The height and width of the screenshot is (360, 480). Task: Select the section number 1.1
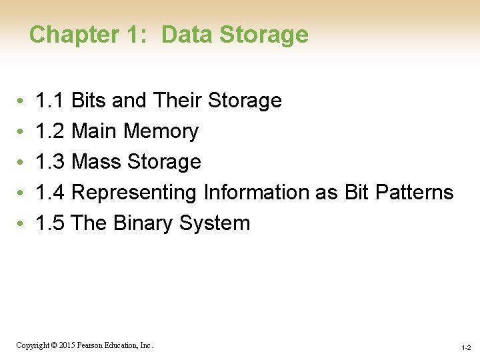[x=50, y=101]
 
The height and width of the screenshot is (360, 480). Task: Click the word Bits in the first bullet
[x=89, y=101]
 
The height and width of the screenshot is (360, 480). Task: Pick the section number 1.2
[x=50, y=131]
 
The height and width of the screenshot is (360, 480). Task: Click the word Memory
[x=161, y=131]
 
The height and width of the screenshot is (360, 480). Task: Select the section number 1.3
[x=50, y=162]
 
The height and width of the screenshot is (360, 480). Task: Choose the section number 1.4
[x=50, y=193]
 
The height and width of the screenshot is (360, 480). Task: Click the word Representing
[x=133, y=193]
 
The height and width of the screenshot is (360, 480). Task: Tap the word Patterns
[x=414, y=193]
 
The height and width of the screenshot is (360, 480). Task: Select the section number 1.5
[x=50, y=223]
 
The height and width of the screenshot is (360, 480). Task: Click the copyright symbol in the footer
[x=56, y=345]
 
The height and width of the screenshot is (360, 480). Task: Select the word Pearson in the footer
[x=91, y=345]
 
